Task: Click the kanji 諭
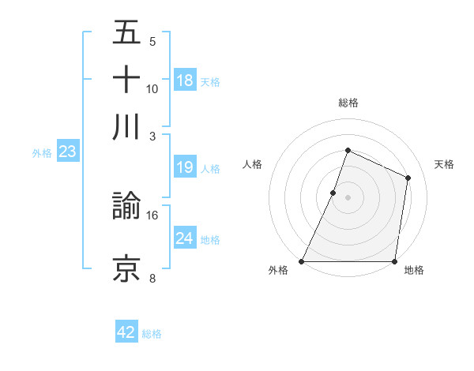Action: pos(126,207)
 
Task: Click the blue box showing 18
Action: pos(185,81)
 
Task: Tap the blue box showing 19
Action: pos(185,167)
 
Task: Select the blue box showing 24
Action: pos(185,238)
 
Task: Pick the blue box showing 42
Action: pos(126,332)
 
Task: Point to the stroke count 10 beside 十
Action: pos(152,88)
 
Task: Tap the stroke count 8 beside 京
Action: pos(152,277)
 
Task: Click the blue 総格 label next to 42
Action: pos(152,334)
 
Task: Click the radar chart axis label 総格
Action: pos(348,103)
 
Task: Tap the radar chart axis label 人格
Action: pos(252,164)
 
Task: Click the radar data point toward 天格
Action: pos(408,178)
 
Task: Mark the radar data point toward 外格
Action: pos(302,261)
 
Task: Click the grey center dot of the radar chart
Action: pos(348,197)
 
